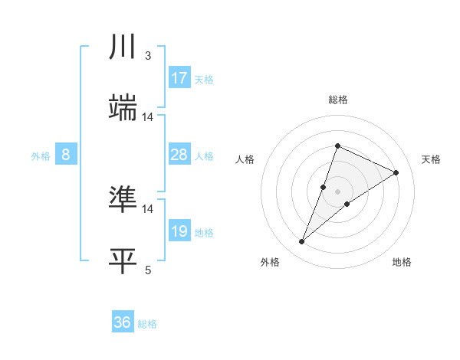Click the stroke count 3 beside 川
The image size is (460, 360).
tap(148, 56)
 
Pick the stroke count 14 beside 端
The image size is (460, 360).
tap(148, 117)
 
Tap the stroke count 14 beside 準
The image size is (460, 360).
tap(148, 208)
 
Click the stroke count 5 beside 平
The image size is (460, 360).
tap(148, 270)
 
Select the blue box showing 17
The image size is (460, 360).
tap(179, 78)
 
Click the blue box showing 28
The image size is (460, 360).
tap(179, 155)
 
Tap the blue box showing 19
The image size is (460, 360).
tap(179, 231)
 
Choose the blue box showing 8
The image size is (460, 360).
tap(66, 155)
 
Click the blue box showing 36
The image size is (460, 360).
tap(123, 322)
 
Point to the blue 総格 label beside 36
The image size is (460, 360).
tap(147, 324)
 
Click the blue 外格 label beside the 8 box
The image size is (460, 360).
tap(41, 156)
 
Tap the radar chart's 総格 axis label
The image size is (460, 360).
tap(337, 100)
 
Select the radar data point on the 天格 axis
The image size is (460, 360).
tap(396, 172)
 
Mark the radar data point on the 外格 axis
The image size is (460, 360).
tap(302, 242)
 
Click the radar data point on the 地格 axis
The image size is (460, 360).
tap(347, 203)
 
